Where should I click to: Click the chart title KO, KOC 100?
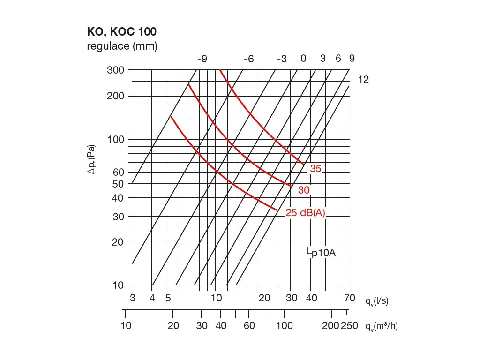(121, 32)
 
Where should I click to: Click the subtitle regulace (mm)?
(122, 46)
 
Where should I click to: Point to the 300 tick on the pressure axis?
(116, 70)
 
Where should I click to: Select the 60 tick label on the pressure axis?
(118, 172)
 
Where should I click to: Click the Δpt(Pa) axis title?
(92, 159)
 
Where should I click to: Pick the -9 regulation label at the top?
(202, 59)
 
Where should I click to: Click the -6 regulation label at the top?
(248, 59)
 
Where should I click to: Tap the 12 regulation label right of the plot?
(363, 80)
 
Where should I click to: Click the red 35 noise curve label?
(315, 169)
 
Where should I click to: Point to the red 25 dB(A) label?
(305, 213)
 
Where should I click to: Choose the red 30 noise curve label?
(304, 190)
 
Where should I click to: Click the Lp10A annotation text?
(322, 253)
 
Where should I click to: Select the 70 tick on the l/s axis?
(349, 298)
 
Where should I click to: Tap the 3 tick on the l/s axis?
(133, 298)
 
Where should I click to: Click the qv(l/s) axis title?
(376, 301)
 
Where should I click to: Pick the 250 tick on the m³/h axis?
(350, 326)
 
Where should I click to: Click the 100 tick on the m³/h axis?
(284, 326)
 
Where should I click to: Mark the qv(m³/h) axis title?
(381, 326)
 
